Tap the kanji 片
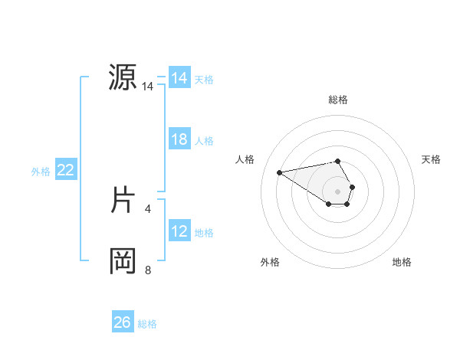[123, 200]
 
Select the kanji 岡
[123, 261]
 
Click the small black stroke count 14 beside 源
[147, 87]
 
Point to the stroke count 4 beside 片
[147, 208]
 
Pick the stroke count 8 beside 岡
[147, 270]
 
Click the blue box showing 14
[179, 78]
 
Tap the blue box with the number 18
[179, 139]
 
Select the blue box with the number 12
[179, 231]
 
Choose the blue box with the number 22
[66, 170]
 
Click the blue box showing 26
[123, 322]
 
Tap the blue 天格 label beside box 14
[204, 79]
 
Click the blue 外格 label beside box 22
[41, 172]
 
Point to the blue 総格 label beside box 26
[147, 324]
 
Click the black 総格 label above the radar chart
[338, 100]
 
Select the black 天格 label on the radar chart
[432, 159]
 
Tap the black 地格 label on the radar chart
[402, 262]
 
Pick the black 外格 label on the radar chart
[270, 262]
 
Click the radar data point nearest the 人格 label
[279, 172]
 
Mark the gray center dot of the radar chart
[338, 191]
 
